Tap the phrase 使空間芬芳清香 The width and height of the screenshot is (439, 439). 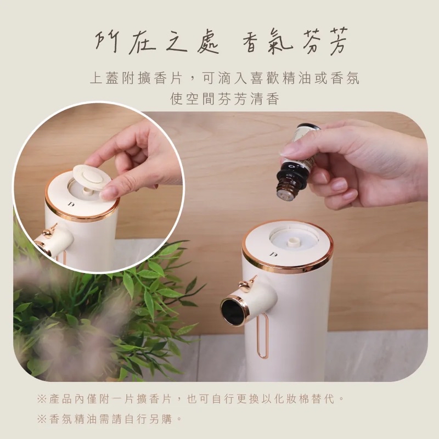point(224,99)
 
